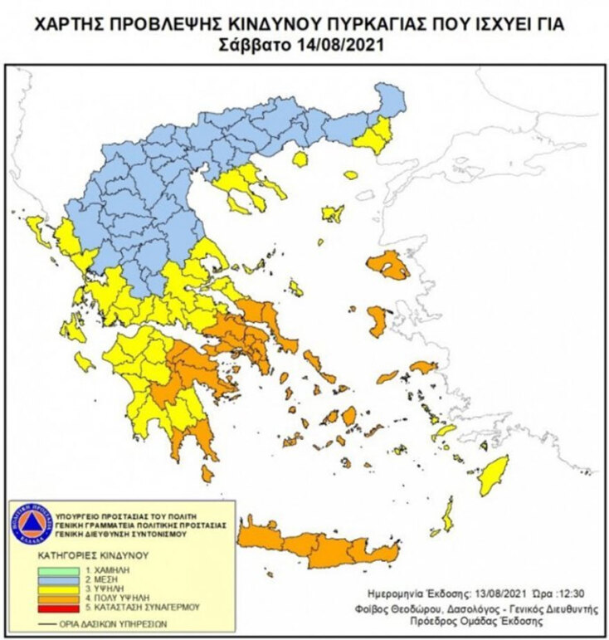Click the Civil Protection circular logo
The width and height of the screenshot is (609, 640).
click(x=30, y=524)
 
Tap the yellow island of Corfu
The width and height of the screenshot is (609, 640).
click(x=37, y=227)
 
